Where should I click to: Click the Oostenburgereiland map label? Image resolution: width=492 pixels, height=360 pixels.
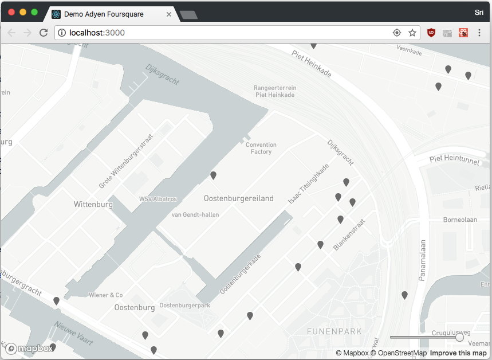click(239, 198)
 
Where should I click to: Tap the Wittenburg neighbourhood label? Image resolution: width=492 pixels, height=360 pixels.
click(93, 204)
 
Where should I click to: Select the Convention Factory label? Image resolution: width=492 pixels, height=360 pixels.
click(261, 148)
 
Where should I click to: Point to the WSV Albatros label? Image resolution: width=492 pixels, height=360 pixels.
click(158, 199)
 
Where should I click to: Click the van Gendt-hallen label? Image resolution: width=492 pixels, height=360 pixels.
click(195, 215)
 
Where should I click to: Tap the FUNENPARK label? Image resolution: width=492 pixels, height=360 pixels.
click(334, 331)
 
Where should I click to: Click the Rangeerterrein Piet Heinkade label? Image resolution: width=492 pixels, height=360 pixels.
click(275, 91)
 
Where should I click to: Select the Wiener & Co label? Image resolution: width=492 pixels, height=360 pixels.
click(105, 295)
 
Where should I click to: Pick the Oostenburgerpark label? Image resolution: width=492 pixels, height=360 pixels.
click(184, 306)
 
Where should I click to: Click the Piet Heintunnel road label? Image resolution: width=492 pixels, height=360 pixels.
click(454, 159)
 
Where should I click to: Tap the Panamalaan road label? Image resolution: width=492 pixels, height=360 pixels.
click(423, 260)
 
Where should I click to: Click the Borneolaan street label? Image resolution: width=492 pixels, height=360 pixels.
click(460, 220)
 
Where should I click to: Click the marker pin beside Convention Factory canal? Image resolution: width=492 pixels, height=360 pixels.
click(214, 175)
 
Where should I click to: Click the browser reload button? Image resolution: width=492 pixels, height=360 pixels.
click(43, 33)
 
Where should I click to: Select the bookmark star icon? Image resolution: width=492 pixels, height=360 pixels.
click(412, 33)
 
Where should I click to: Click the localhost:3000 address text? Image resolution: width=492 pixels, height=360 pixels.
click(97, 33)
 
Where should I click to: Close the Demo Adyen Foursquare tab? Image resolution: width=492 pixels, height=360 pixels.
click(169, 14)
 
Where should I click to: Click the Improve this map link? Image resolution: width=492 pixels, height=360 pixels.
click(458, 353)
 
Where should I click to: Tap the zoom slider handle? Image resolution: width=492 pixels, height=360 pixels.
click(459, 338)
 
